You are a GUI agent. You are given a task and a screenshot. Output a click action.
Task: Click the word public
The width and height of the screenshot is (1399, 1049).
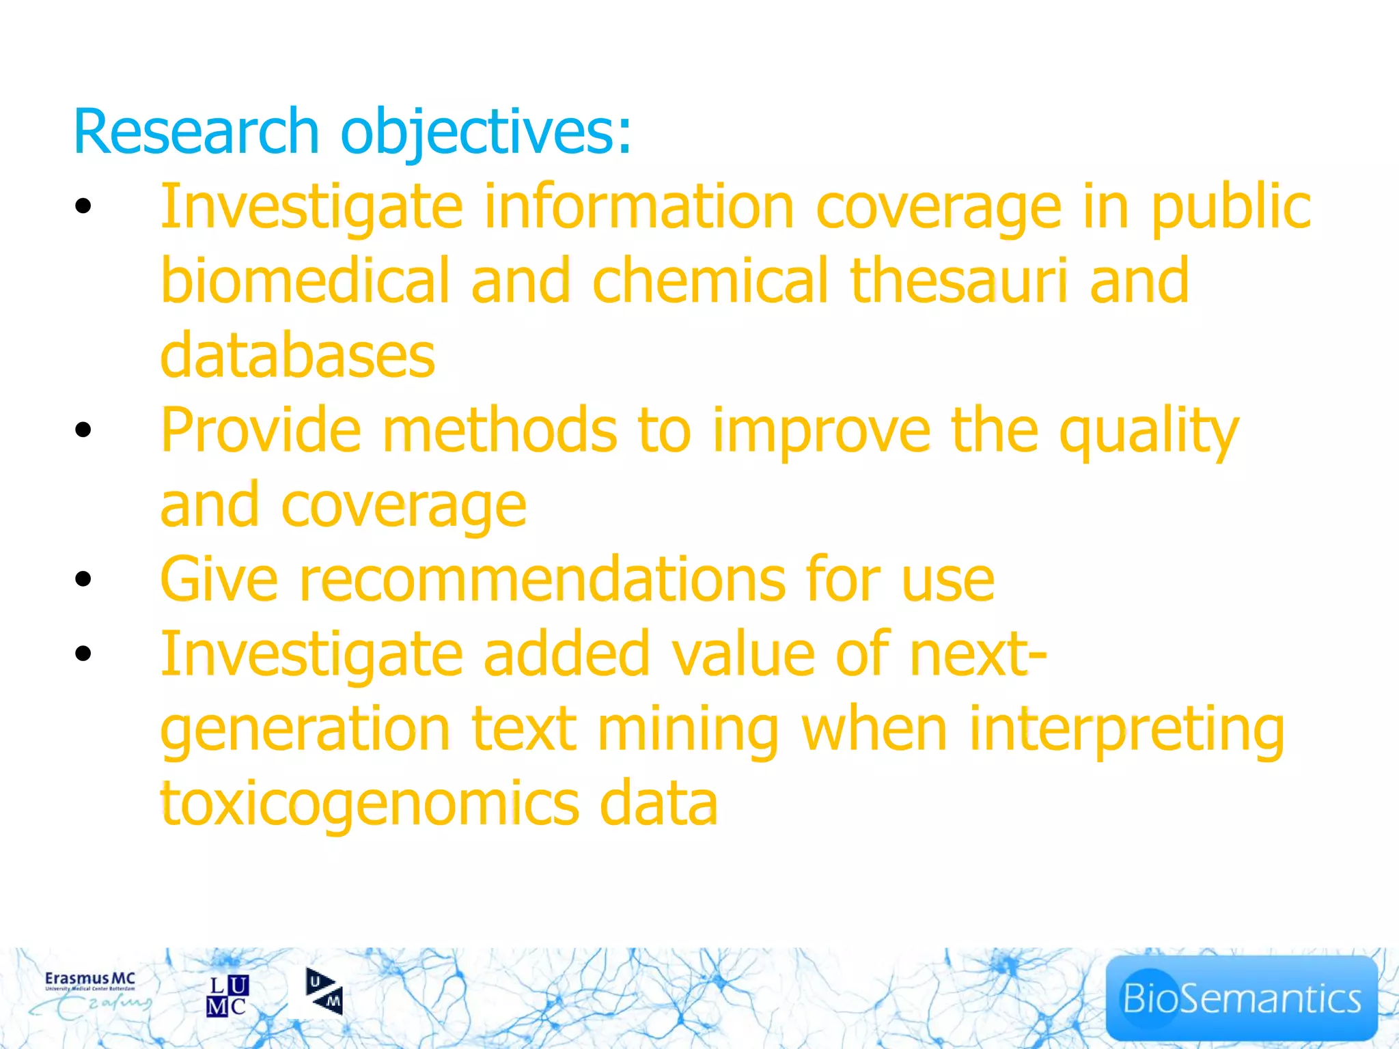point(1230,207)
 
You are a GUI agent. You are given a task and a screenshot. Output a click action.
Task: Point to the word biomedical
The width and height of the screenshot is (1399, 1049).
point(305,280)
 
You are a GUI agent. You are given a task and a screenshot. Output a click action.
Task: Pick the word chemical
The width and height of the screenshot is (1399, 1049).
point(710,280)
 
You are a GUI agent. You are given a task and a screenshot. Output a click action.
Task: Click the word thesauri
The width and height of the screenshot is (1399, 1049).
point(958,280)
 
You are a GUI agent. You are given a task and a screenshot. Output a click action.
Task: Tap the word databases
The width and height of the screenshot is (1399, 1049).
point(298,355)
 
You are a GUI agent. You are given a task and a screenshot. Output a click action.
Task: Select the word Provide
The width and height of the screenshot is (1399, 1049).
point(260,430)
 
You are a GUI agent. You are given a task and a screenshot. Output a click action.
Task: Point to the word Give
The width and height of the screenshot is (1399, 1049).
point(219,579)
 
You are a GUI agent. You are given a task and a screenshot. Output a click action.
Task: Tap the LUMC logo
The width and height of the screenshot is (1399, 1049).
point(227,996)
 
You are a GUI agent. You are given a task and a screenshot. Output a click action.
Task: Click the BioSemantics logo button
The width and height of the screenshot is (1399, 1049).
point(1241,998)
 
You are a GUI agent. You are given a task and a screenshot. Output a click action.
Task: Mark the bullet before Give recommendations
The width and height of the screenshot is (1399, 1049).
point(83,579)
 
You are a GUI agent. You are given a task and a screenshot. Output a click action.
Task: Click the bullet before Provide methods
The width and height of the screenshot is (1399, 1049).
point(83,430)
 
